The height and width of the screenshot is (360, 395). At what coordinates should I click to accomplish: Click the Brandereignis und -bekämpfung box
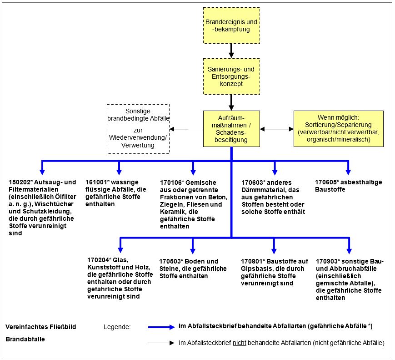click(231, 25)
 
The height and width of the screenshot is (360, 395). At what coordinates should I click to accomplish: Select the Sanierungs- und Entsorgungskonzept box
click(231, 76)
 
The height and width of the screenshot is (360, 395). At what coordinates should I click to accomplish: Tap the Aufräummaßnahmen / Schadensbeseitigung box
click(231, 129)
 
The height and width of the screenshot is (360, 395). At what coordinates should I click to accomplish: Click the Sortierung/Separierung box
click(338, 129)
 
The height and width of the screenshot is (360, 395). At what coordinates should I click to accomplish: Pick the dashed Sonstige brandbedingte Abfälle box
click(138, 129)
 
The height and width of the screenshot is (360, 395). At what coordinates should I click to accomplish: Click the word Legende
click(117, 327)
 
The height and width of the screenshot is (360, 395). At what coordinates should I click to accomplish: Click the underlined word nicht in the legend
click(240, 343)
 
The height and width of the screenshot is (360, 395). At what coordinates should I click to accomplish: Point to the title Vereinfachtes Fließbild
click(41, 327)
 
